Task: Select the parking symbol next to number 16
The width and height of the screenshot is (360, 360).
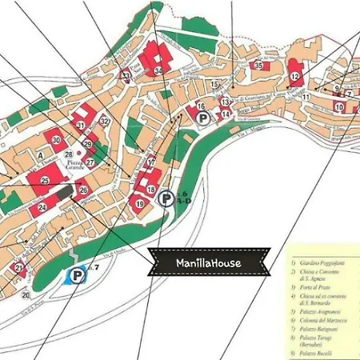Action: pos(204,118)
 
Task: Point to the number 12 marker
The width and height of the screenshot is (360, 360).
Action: pos(295,77)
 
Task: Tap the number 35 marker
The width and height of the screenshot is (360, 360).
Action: pos(258,66)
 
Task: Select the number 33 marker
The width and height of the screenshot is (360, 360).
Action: pos(126,75)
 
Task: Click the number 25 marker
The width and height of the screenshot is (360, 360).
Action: pos(45,182)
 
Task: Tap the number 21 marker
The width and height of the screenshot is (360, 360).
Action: pos(18,267)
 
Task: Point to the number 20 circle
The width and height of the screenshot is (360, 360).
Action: pos(26,295)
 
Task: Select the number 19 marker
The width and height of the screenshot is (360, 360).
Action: pos(139,204)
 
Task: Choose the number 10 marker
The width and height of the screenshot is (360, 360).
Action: pos(339,106)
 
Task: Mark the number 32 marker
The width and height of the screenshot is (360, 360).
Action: pos(105,122)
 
